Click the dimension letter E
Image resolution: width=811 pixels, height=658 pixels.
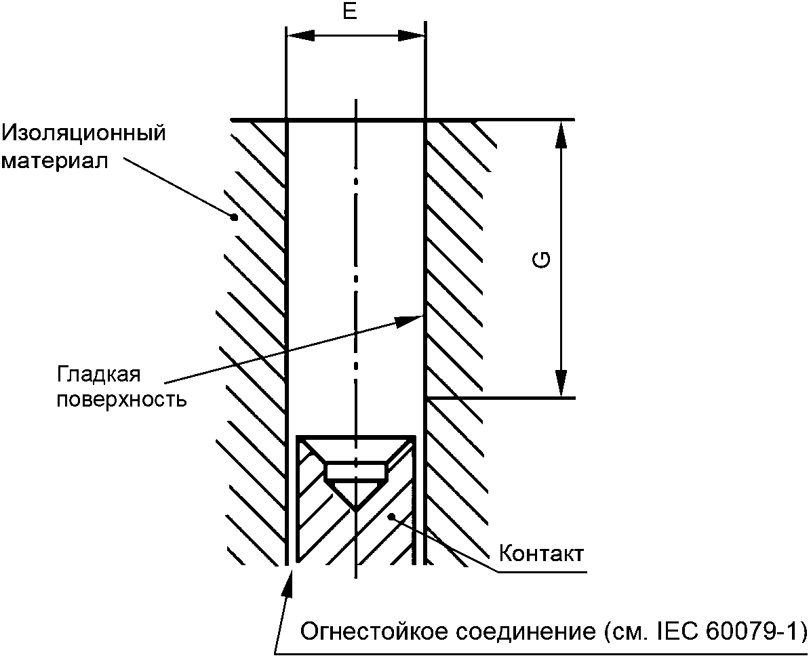tap(349, 13)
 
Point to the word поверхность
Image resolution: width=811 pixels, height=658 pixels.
tap(121, 399)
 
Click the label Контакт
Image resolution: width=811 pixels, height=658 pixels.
tap(540, 554)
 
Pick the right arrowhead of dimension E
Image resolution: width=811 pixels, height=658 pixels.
tap(414, 35)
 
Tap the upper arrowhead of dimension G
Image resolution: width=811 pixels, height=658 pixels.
tap(561, 133)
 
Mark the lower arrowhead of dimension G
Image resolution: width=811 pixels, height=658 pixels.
tap(561, 385)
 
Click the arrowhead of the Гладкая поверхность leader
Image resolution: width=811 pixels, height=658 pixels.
tap(412, 318)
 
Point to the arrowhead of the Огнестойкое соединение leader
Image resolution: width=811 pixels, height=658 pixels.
tap(289, 579)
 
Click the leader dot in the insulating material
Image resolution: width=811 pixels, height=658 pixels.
tap(234, 218)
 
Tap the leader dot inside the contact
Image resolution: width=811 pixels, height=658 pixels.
tap(391, 518)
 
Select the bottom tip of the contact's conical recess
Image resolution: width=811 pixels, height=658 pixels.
tap(356, 509)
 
